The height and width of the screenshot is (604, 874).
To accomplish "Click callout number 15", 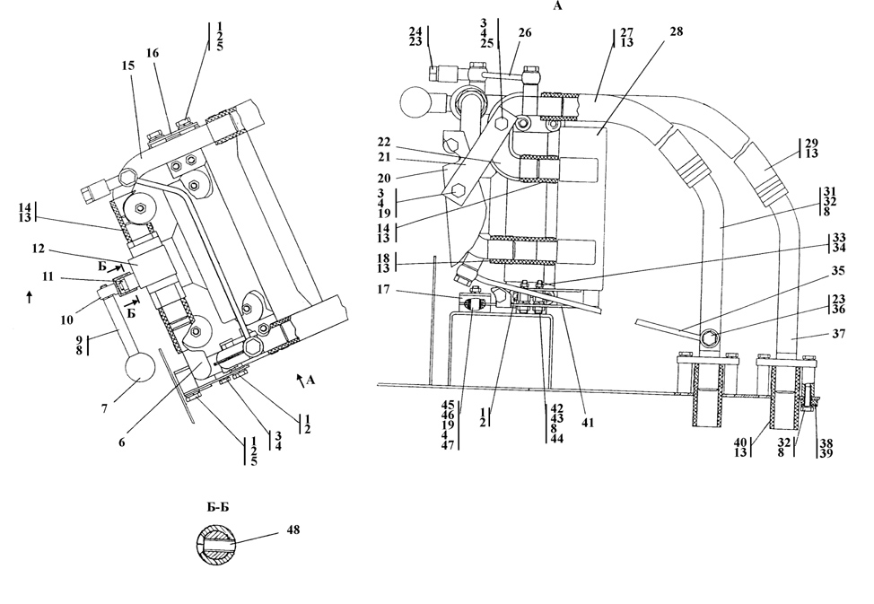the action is [128, 66].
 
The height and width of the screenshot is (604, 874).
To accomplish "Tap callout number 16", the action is [153, 53].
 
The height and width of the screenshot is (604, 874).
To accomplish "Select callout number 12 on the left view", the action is [38, 249].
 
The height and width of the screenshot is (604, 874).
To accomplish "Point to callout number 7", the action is [104, 409].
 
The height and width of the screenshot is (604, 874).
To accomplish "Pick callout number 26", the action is [525, 33].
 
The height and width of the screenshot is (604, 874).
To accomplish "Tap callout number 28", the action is [676, 31].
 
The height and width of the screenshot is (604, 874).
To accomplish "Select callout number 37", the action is [838, 334].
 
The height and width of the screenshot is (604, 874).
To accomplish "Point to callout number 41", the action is [588, 423].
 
